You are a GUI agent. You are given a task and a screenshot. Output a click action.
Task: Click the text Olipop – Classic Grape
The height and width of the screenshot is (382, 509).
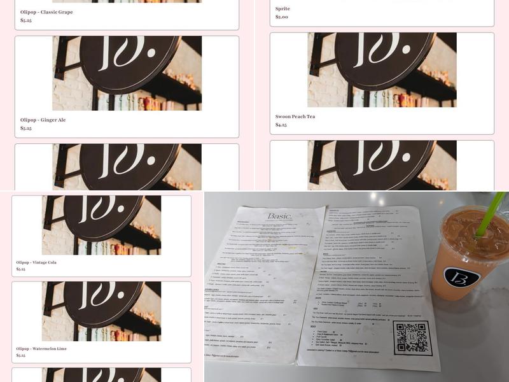click(46, 12)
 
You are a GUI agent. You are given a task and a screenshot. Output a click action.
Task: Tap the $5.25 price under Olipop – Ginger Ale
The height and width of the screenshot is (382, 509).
click(26, 128)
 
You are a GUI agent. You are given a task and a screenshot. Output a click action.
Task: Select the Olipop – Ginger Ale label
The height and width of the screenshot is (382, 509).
click(43, 120)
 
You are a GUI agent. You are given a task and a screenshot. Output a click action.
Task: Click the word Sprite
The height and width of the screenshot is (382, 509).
click(282, 9)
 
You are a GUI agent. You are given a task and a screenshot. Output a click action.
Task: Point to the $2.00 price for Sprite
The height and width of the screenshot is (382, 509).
click(281, 17)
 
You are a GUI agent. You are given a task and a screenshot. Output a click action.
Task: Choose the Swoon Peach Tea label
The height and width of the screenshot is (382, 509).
click(295, 117)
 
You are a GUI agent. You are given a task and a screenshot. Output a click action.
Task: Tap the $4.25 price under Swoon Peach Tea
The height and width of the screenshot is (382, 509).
click(281, 125)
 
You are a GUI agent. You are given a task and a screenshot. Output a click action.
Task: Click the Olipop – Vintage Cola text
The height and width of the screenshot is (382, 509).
click(36, 262)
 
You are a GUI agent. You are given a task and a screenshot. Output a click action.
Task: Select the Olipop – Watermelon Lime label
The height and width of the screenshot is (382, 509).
click(41, 349)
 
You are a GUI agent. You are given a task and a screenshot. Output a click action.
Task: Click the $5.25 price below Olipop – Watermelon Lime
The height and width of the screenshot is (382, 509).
click(21, 355)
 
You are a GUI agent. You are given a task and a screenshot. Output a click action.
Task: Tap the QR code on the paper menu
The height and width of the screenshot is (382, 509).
click(414, 338)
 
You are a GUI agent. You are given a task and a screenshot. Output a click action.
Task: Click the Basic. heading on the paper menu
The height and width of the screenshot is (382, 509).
click(280, 216)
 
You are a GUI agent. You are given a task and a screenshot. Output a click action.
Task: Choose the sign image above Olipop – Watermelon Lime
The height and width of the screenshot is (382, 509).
click(102, 311)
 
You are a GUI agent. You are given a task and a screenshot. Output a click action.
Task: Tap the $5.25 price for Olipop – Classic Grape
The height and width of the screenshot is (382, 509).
click(26, 20)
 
